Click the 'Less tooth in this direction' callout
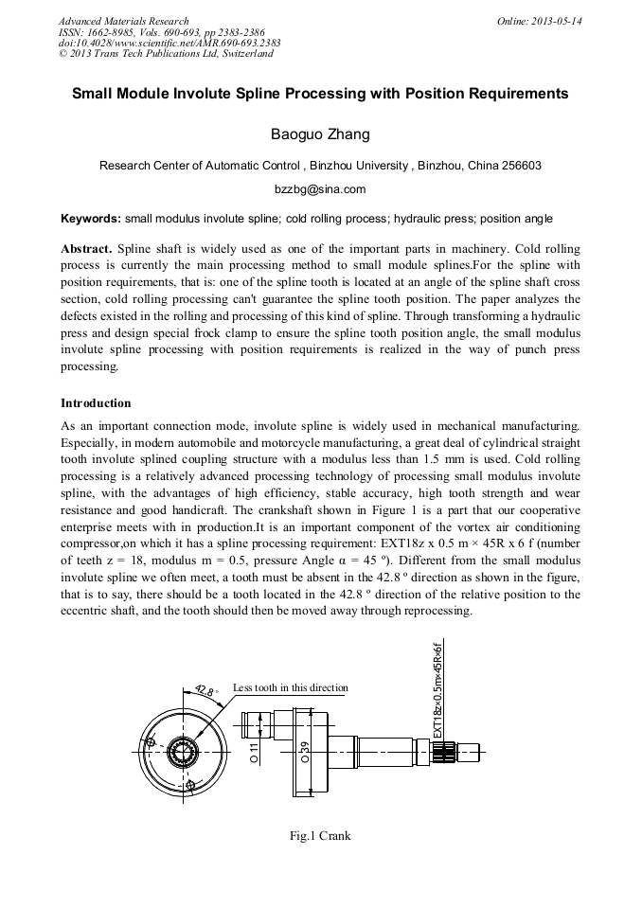290,688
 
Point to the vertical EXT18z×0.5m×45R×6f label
438,691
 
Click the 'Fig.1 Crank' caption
320,836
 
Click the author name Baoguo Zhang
320,134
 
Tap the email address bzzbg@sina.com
320,189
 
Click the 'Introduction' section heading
96,403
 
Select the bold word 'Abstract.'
86,249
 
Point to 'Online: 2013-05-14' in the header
539,21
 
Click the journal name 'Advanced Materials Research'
123,21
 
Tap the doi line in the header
169,43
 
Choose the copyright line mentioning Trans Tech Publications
166,54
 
